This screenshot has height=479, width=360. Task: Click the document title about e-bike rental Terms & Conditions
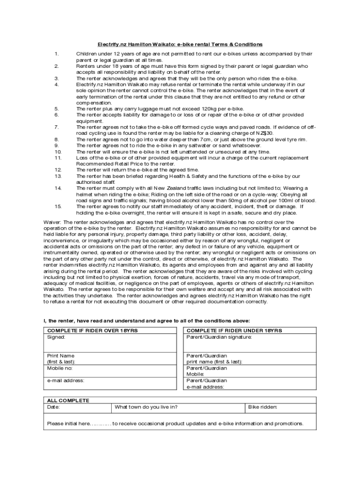click(180, 44)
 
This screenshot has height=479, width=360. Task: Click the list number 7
click(57, 127)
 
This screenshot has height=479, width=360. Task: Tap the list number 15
click(58, 206)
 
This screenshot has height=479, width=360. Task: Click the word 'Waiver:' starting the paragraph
click(52, 222)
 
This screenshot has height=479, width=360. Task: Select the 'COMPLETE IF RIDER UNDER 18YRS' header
click(234, 331)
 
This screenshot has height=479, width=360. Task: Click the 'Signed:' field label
click(56, 337)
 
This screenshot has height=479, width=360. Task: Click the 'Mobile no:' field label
click(60, 368)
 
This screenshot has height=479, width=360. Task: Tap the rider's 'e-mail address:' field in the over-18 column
click(66, 381)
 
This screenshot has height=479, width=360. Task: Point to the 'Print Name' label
click(61, 356)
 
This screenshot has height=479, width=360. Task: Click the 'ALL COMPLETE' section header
click(68, 400)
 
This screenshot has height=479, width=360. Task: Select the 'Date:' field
click(54, 407)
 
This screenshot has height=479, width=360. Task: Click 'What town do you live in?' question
click(146, 407)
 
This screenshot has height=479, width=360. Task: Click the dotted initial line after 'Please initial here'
click(101, 424)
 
